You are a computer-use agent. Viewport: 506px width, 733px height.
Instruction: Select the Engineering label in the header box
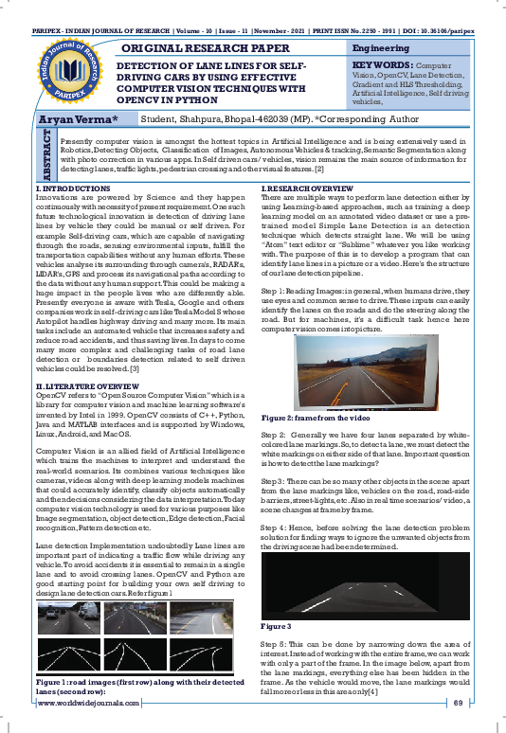(x=380, y=47)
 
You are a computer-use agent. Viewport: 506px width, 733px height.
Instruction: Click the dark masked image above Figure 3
(x=378, y=587)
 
